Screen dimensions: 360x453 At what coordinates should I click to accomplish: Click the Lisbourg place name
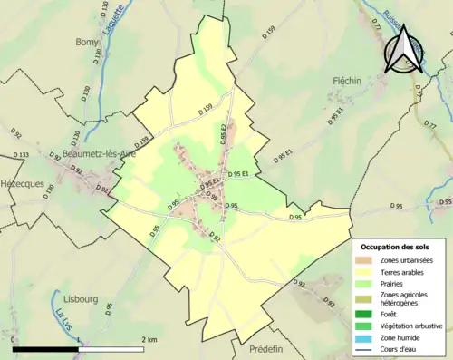point(82,297)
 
